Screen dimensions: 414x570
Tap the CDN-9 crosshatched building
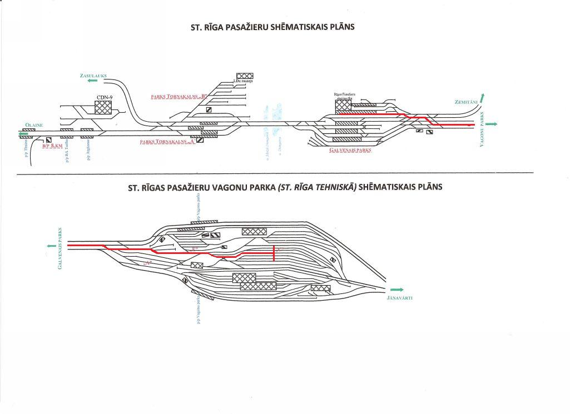pyautogui.click(x=103, y=107)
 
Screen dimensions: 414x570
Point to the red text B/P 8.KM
pyautogui.click(x=53, y=146)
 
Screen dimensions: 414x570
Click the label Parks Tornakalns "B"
pyautogui.click(x=179, y=96)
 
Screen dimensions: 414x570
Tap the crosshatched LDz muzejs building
pyautogui.click(x=245, y=76)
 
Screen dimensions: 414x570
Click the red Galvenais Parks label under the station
pyautogui.click(x=350, y=150)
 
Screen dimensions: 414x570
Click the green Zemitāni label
pyautogui.click(x=465, y=102)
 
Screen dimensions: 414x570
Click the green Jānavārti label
pyautogui.click(x=399, y=298)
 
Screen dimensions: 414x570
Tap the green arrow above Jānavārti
pyautogui.click(x=396, y=290)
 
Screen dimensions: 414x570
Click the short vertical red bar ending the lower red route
pyautogui.click(x=274, y=253)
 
